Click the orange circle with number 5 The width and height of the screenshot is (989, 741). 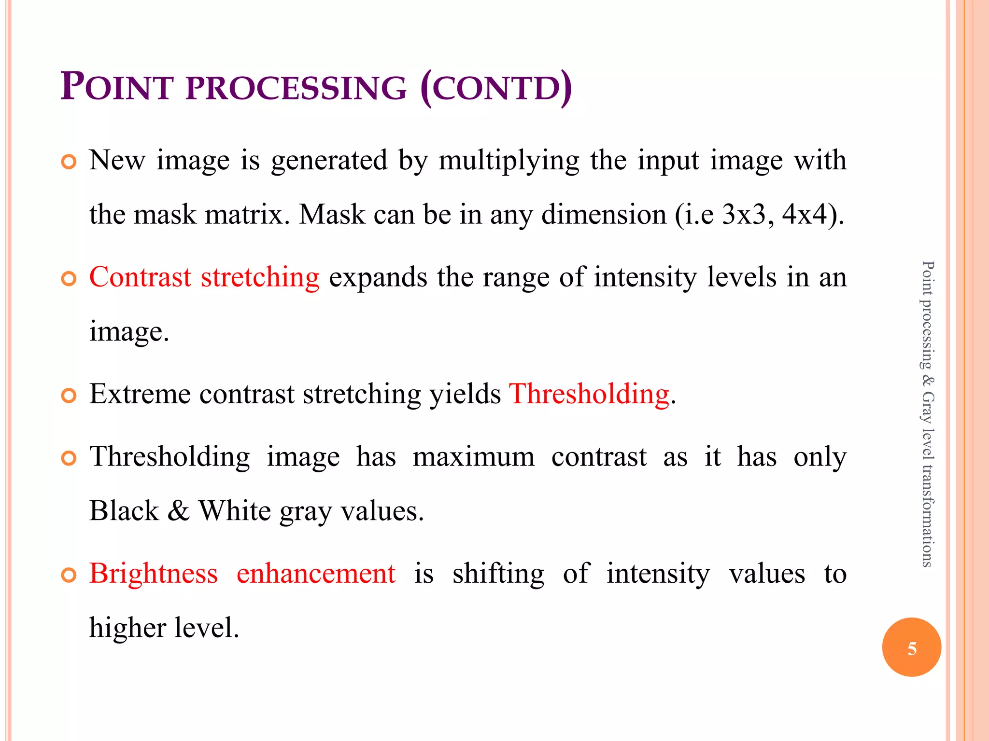pyautogui.click(x=911, y=647)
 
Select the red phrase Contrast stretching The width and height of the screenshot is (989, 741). pyautogui.click(x=204, y=277)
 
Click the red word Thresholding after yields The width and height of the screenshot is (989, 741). pyautogui.click(x=589, y=394)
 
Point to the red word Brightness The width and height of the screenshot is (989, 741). pyautogui.click(x=154, y=574)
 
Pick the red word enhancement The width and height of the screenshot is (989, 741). pyautogui.click(x=316, y=574)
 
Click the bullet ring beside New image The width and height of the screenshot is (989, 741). pyautogui.click(x=69, y=162)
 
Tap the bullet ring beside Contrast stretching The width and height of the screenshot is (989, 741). pyautogui.click(x=69, y=279)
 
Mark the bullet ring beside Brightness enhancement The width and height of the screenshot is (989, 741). pyautogui.click(x=69, y=575)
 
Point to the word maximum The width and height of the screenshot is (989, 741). pyautogui.click(x=474, y=457)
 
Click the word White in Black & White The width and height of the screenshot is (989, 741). pyautogui.click(x=235, y=511)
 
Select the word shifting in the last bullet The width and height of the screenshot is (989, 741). pyautogui.click(x=498, y=574)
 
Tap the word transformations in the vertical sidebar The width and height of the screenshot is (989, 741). pyautogui.click(x=927, y=514)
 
